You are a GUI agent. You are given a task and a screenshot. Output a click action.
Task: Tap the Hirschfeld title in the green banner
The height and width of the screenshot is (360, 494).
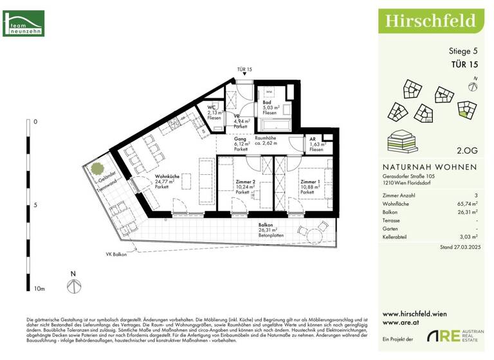pos(430,20)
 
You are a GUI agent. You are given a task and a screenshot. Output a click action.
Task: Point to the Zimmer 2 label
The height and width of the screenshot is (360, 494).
pos(245,182)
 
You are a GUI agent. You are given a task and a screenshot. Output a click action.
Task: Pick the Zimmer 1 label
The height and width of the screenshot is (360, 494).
pos(310,182)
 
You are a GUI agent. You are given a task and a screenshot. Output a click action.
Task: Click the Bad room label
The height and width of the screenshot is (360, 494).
pos(266,102)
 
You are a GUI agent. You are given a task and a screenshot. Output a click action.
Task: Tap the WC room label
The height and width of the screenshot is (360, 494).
pos(211,108)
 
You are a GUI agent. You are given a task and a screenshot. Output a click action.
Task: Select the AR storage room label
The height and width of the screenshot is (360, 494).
pos(313,139)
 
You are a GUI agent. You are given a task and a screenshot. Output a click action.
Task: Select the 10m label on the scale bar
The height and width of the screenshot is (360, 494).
pos(39,289)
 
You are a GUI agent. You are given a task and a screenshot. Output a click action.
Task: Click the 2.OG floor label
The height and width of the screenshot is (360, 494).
pos(466,151)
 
